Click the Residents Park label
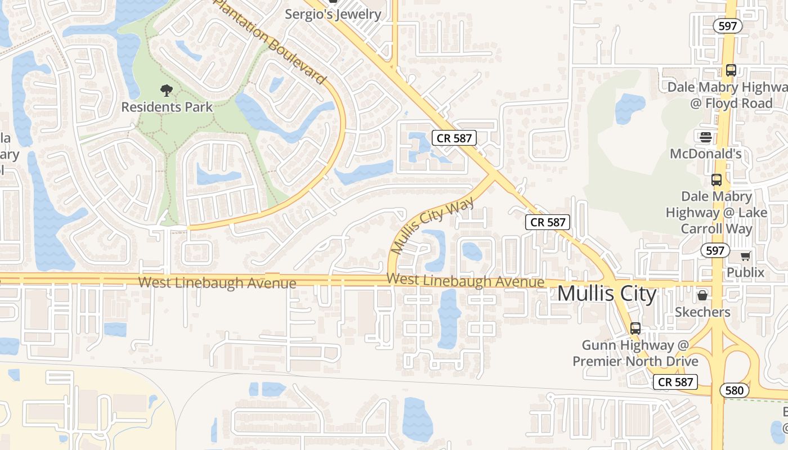167,107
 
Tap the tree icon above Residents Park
166,90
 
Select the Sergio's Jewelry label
333,13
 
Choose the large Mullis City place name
607,294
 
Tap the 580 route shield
734,390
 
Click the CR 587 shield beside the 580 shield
675,382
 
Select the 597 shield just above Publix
715,250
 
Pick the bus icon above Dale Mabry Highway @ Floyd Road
731,70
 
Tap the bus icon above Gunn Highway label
635,328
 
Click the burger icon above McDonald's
705,137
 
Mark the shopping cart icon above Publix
745,256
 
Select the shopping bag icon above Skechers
702,295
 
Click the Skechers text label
702,312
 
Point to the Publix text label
745,273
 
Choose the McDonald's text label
705,154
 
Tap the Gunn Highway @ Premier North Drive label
635,353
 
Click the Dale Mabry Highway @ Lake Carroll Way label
716,213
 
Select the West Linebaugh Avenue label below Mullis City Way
465,280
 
